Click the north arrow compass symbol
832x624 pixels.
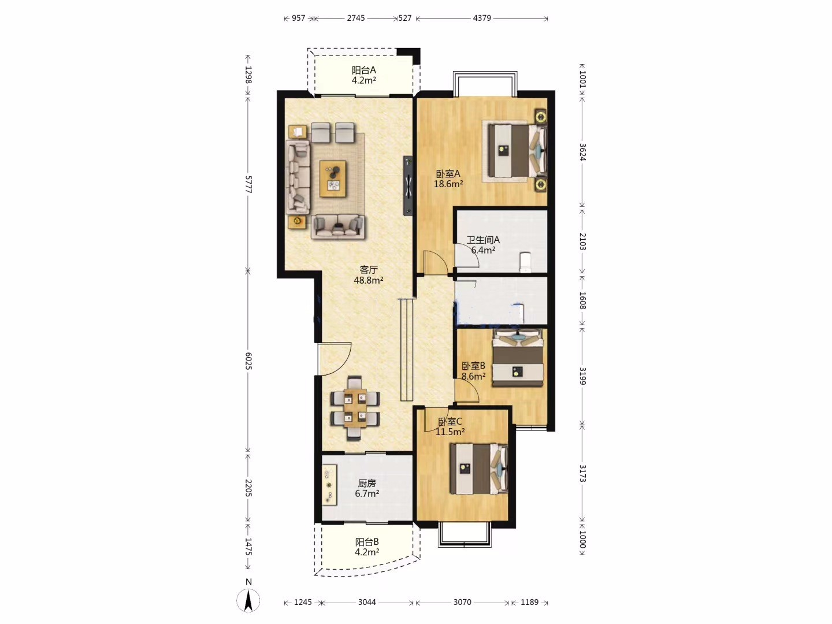coord(248,600)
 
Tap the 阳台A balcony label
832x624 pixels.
coord(364,70)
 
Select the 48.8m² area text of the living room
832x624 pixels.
coord(369,280)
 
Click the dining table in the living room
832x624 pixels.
coord(355,408)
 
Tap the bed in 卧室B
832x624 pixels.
coord(518,358)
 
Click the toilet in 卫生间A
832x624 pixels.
coord(525,262)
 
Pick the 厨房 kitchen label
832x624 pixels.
coord(367,484)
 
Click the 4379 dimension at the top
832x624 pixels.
coord(482,18)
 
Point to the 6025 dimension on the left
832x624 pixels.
coord(248,361)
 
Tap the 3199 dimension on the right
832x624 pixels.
coord(582,376)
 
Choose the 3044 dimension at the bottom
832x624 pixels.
coord(367,602)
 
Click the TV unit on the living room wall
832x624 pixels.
coord(408,186)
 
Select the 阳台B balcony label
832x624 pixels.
coord(367,542)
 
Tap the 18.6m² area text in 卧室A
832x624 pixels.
coord(448,184)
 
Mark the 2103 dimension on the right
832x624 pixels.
coord(582,242)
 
